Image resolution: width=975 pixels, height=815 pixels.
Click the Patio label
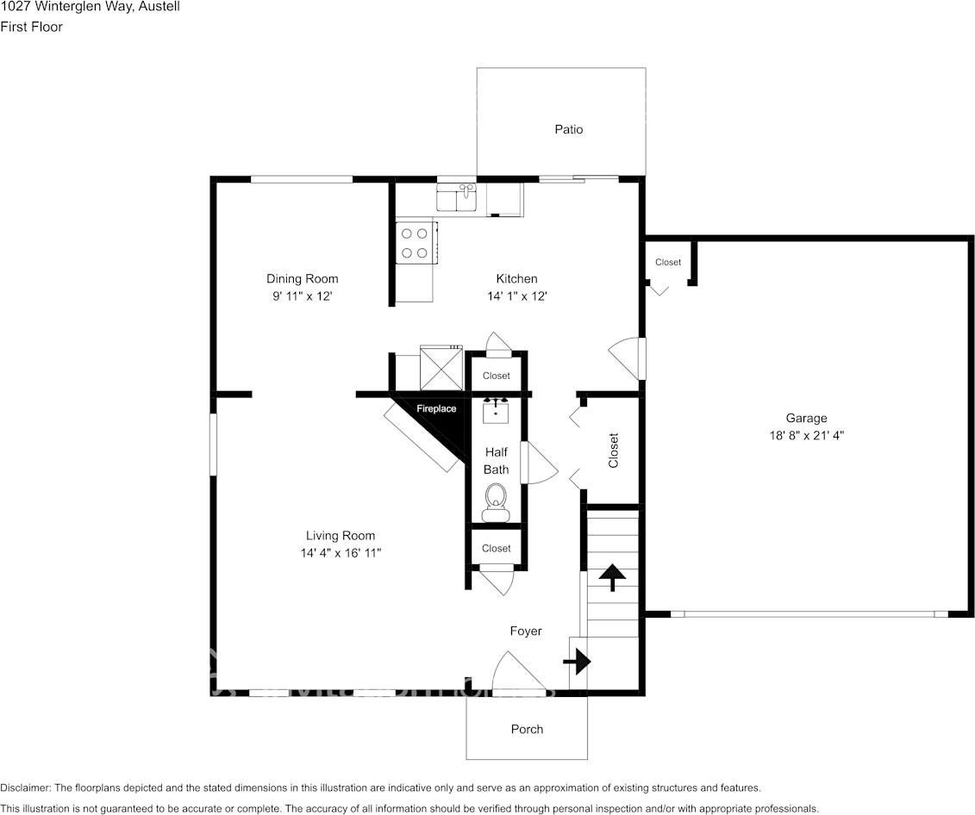[x=569, y=129]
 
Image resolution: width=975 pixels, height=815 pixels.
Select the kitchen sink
[x=456, y=196]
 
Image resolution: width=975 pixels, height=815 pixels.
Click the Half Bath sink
[x=496, y=411]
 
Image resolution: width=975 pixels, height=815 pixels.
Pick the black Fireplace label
[x=436, y=408]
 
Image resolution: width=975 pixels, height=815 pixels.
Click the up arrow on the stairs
[x=612, y=577]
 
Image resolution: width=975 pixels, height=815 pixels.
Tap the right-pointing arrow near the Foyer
[x=577, y=663]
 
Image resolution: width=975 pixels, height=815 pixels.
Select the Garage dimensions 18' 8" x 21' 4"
[x=807, y=435]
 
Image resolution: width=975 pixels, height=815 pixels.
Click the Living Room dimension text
[x=341, y=553]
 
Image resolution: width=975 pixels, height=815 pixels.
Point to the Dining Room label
[x=303, y=279]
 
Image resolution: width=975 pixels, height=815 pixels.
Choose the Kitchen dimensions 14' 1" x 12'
[x=516, y=296]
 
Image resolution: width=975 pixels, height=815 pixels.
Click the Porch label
[x=527, y=729]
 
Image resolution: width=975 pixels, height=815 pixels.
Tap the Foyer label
[x=526, y=631]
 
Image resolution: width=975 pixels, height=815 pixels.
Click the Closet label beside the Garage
[x=668, y=262]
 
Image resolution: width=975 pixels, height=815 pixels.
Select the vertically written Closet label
[x=614, y=451]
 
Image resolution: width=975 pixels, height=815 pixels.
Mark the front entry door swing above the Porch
[x=519, y=671]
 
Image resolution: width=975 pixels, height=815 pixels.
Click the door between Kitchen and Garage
[x=626, y=358]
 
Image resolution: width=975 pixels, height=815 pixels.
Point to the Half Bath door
[x=540, y=462]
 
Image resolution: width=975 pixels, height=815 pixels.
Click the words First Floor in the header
[x=32, y=27]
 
